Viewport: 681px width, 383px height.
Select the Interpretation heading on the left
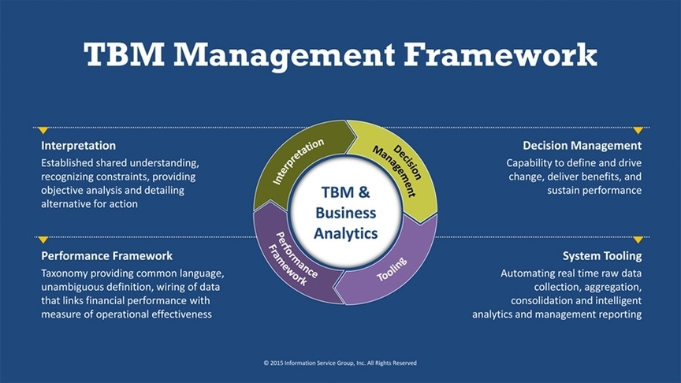pyautogui.click(x=78, y=146)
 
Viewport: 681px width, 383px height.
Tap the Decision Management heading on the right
pyautogui.click(x=582, y=146)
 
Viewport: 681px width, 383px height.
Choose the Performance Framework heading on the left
pyautogui.click(x=106, y=256)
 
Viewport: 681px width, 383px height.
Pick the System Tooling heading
pyautogui.click(x=601, y=256)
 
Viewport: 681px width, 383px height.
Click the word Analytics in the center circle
pyautogui.click(x=345, y=233)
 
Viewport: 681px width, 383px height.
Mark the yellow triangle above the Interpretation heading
pyautogui.click(x=43, y=130)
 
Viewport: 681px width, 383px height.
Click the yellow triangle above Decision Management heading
pyautogui.click(x=638, y=130)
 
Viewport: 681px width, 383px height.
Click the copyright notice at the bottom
pyautogui.click(x=340, y=363)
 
